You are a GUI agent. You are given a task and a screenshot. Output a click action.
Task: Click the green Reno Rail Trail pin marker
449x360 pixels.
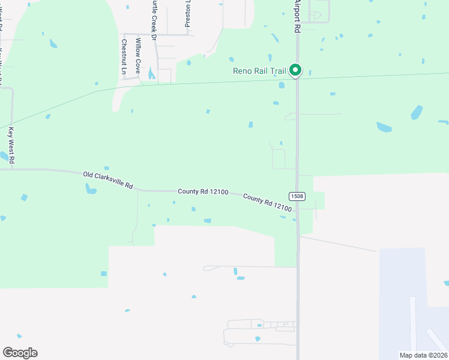click(x=295, y=70)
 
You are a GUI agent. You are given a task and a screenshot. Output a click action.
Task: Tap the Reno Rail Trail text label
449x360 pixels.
click(x=260, y=71)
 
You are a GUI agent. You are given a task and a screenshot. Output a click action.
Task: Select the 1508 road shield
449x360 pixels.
click(x=297, y=196)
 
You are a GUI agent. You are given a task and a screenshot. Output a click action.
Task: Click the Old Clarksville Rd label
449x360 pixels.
click(x=108, y=179)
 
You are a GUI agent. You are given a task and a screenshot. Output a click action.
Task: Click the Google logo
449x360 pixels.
click(x=20, y=353)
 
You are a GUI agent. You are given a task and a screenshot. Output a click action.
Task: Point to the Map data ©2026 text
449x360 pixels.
click(x=423, y=355)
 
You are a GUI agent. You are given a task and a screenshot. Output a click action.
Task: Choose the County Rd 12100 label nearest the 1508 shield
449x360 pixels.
click(x=268, y=203)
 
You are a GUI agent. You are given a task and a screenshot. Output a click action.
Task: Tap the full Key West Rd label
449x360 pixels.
click(x=11, y=146)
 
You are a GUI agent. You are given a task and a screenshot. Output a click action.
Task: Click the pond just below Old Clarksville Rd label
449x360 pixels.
click(x=91, y=190)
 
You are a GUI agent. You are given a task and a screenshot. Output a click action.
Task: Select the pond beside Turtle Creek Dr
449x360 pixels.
click(x=151, y=74)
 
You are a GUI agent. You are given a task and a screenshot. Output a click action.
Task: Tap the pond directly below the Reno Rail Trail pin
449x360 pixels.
click(x=282, y=85)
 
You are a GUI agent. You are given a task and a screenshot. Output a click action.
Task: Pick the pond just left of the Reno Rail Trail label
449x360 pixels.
click(x=231, y=59)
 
